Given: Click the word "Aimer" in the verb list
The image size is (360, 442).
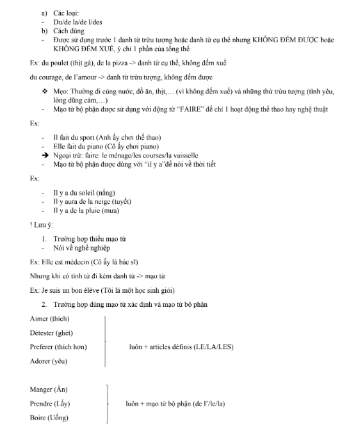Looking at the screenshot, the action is (38, 318).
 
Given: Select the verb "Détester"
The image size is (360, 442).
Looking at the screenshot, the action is (42, 332).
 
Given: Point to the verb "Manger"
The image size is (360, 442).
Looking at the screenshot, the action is (40, 389).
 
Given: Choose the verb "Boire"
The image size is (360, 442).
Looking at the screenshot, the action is (37, 418).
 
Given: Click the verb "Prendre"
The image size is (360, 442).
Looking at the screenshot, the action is (40, 404).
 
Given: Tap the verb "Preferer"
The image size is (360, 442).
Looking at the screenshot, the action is (42, 347).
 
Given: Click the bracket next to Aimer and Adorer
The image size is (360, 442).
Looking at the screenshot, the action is (103, 340).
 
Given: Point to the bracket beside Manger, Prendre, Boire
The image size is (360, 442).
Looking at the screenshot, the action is (106, 404).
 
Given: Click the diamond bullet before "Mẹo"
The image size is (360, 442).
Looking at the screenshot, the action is (44, 91).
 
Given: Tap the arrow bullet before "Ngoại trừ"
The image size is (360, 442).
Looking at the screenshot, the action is (45, 155).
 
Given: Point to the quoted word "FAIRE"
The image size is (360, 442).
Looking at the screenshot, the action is (192, 110).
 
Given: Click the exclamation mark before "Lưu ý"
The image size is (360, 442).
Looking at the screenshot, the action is (31, 224).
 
